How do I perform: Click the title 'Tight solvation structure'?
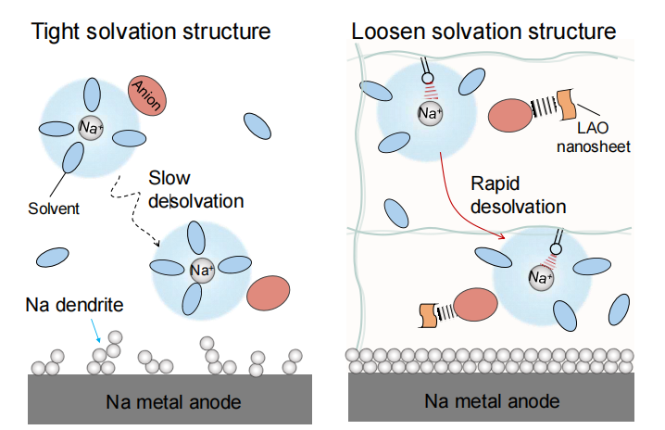[x=151, y=31]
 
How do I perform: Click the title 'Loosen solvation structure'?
[x=483, y=31]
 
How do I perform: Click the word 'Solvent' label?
[x=54, y=209]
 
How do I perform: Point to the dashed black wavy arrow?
[x=139, y=218]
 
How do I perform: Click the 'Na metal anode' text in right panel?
[x=500, y=401]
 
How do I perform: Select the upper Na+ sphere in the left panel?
[x=91, y=128]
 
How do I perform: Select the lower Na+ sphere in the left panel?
[x=201, y=271]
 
